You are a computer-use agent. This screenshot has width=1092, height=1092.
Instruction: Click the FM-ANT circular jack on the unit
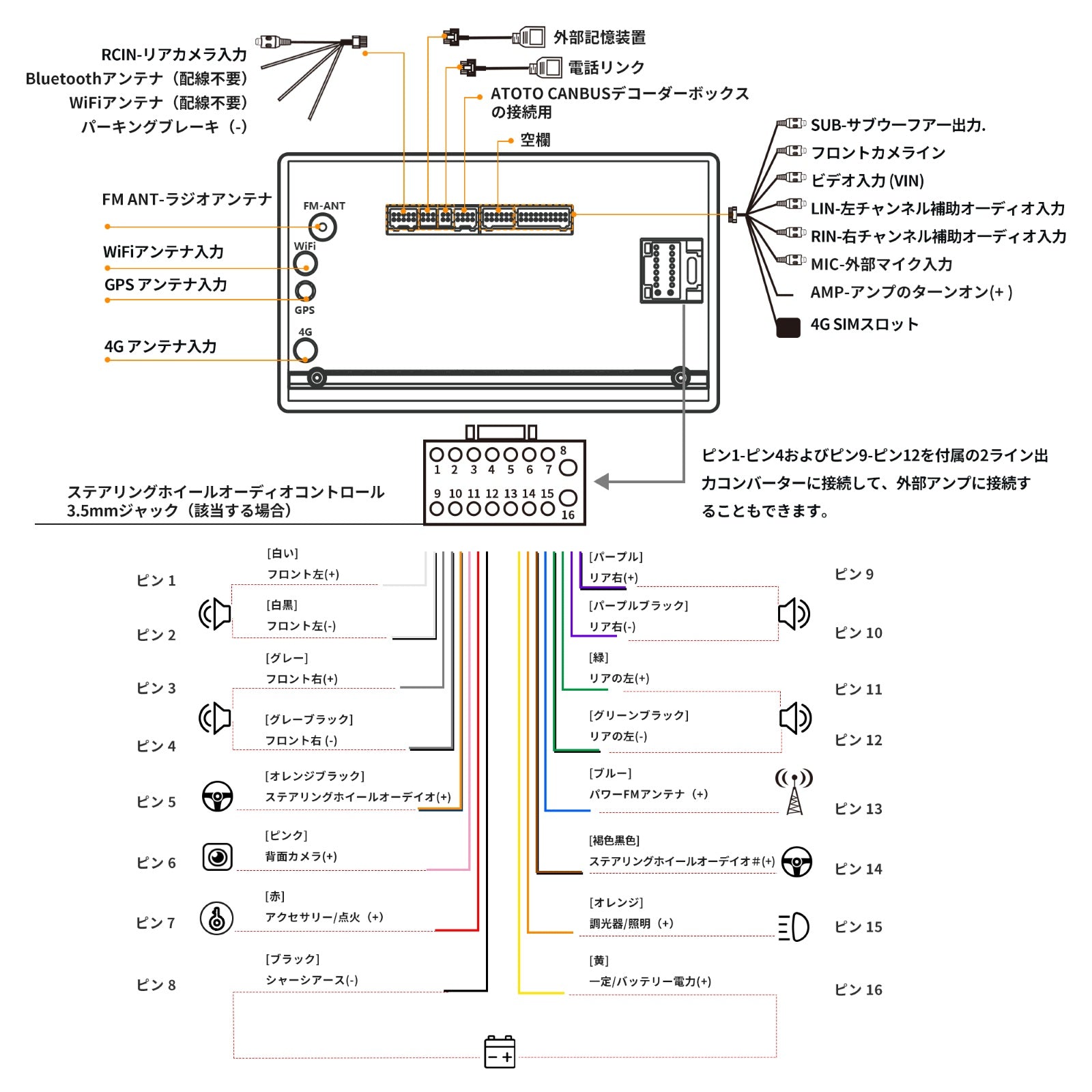[x=322, y=227]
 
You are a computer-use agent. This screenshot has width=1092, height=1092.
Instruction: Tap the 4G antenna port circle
[x=305, y=350]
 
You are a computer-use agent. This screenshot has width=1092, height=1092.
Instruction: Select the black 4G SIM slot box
[x=788, y=328]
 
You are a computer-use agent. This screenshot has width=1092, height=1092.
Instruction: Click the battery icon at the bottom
[x=500, y=1052]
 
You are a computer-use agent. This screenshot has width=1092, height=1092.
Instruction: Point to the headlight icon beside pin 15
[x=794, y=927]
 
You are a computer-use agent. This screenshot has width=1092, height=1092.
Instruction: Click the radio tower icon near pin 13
[x=794, y=792]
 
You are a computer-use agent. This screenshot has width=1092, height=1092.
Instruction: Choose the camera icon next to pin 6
[x=218, y=857]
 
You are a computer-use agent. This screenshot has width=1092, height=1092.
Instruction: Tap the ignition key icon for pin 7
[x=217, y=918]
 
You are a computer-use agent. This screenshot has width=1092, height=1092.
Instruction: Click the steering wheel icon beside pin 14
[x=796, y=862]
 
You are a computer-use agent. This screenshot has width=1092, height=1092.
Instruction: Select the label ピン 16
[x=858, y=990]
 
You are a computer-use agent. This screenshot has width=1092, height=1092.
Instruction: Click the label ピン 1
[x=156, y=581]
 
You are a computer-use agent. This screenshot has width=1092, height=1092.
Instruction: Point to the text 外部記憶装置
[x=599, y=38]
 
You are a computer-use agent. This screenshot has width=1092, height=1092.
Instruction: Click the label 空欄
[x=535, y=140]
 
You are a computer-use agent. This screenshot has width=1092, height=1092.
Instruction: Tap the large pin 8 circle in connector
[x=568, y=468]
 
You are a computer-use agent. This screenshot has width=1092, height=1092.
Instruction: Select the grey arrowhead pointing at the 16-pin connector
[x=602, y=482]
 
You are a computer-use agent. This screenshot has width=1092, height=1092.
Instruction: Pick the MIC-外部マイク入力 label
[x=881, y=264]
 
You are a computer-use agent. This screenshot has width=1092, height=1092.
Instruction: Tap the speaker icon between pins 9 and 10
[x=794, y=614]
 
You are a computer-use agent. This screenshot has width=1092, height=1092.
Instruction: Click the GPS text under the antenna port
[x=304, y=311]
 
